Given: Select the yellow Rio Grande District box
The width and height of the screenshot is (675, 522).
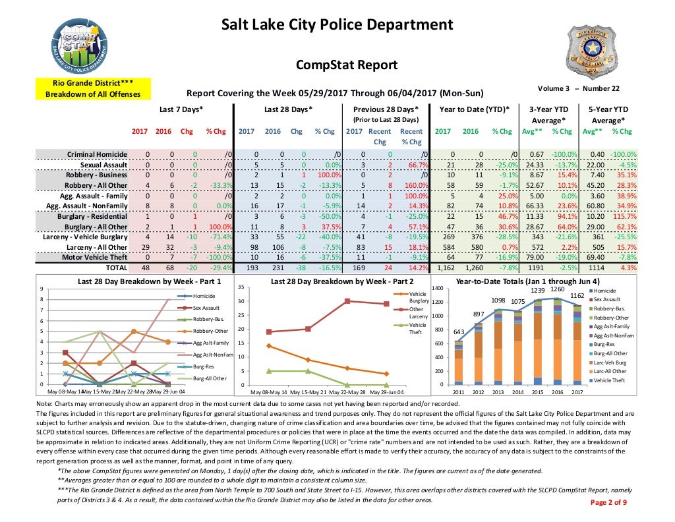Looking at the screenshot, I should pyautogui.click(x=93, y=88).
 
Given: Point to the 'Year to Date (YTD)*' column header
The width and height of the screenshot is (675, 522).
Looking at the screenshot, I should pyautogui.click(x=473, y=109).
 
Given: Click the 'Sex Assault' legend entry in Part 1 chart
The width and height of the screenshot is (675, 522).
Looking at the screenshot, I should pyautogui.click(x=206, y=308).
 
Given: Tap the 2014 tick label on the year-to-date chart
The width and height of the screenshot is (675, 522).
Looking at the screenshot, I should pyautogui.click(x=517, y=392).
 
